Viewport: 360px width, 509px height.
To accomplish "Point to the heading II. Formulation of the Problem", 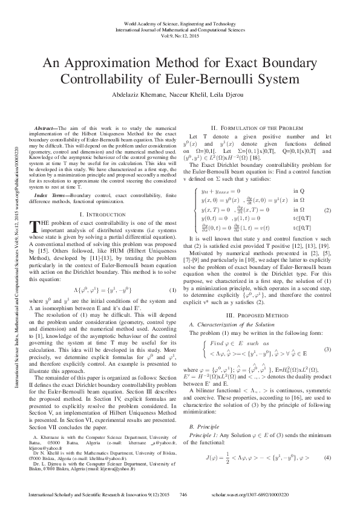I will pos(256,128).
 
